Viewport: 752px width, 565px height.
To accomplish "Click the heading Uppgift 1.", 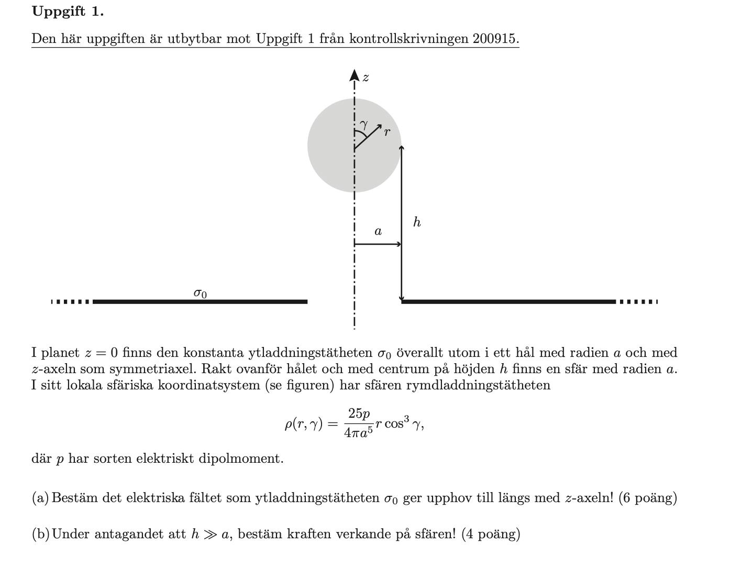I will point(68,12).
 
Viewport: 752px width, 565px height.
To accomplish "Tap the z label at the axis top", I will point(366,78).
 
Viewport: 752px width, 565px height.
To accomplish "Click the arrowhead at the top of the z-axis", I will point(355,75).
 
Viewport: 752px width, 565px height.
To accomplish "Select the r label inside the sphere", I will point(387,132).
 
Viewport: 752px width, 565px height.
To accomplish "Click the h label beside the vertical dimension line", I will point(417,222).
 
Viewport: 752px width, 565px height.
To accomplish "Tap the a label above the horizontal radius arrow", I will point(378,231).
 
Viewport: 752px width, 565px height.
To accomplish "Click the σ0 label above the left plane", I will point(200,293).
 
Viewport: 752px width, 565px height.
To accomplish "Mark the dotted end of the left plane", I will point(71,301).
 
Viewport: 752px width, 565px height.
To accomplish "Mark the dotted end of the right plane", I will point(638,301).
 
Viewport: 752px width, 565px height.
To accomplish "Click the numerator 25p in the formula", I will point(359,414).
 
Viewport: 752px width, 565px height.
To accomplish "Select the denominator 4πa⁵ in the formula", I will point(359,432).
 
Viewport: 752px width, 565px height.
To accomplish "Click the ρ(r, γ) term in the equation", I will point(304,423).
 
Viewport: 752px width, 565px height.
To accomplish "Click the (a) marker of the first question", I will point(40,497).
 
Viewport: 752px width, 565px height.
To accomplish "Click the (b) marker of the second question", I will point(40,534).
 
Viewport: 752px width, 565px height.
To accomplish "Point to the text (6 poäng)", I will point(647,497).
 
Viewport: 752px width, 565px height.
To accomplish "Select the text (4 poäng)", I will point(491,534).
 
